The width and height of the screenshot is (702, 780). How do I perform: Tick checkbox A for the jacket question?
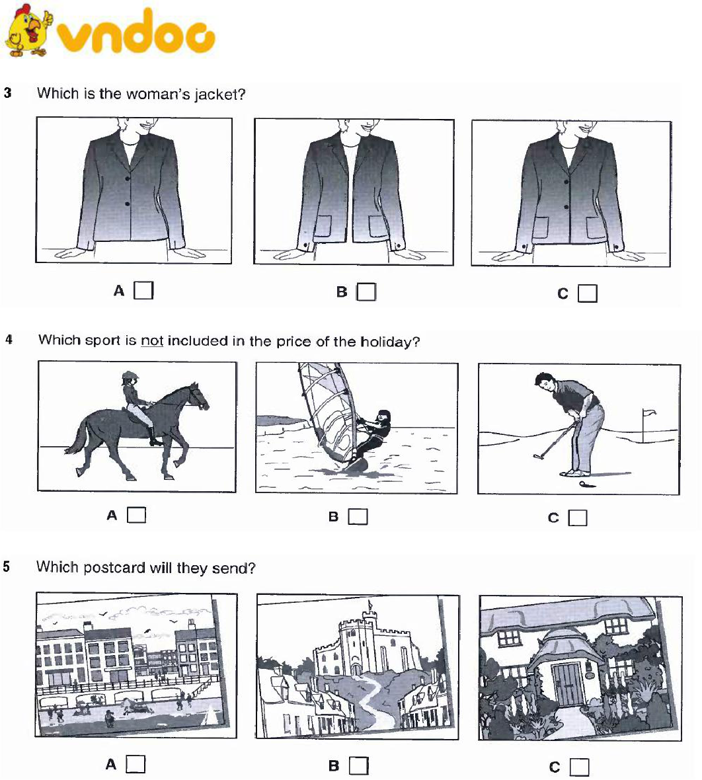click(x=144, y=290)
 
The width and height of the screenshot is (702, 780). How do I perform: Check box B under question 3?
click(x=367, y=292)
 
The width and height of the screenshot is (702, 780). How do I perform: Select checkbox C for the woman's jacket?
click(x=588, y=293)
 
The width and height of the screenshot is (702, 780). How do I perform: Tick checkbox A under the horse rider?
click(x=137, y=515)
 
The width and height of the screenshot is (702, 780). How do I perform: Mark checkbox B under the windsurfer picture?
click(x=358, y=516)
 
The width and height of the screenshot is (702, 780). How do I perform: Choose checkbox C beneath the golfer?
click(x=578, y=518)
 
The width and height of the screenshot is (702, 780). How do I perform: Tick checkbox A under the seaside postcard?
click(x=136, y=764)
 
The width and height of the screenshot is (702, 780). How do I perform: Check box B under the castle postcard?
click(x=359, y=765)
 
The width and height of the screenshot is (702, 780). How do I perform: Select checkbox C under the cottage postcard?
click(x=580, y=767)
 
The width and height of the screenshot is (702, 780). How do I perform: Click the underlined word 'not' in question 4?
click(x=152, y=340)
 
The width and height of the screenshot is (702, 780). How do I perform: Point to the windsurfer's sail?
click(x=327, y=408)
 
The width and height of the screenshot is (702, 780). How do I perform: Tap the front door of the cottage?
click(x=568, y=684)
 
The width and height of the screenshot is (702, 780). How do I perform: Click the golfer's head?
click(x=543, y=382)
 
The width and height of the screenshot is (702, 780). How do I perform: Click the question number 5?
click(x=7, y=566)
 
